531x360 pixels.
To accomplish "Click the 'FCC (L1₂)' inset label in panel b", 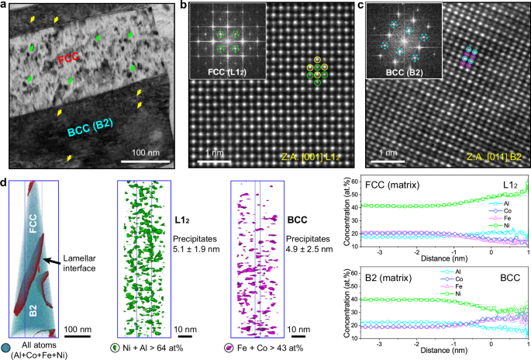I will [x=229, y=75].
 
